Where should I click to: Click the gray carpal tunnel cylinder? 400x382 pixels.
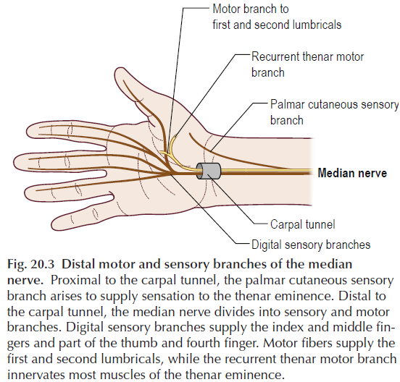(x=209, y=171)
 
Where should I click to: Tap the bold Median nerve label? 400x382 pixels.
(x=352, y=173)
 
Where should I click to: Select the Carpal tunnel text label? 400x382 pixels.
(x=303, y=224)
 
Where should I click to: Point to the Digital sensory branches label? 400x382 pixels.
(x=311, y=245)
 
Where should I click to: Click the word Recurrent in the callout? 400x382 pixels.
(x=275, y=56)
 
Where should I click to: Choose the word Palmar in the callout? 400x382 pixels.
(x=287, y=104)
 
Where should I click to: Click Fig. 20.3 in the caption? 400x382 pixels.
(x=30, y=264)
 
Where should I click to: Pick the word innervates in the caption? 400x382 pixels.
(x=36, y=375)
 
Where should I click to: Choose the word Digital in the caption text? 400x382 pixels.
(x=85, y=328)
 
